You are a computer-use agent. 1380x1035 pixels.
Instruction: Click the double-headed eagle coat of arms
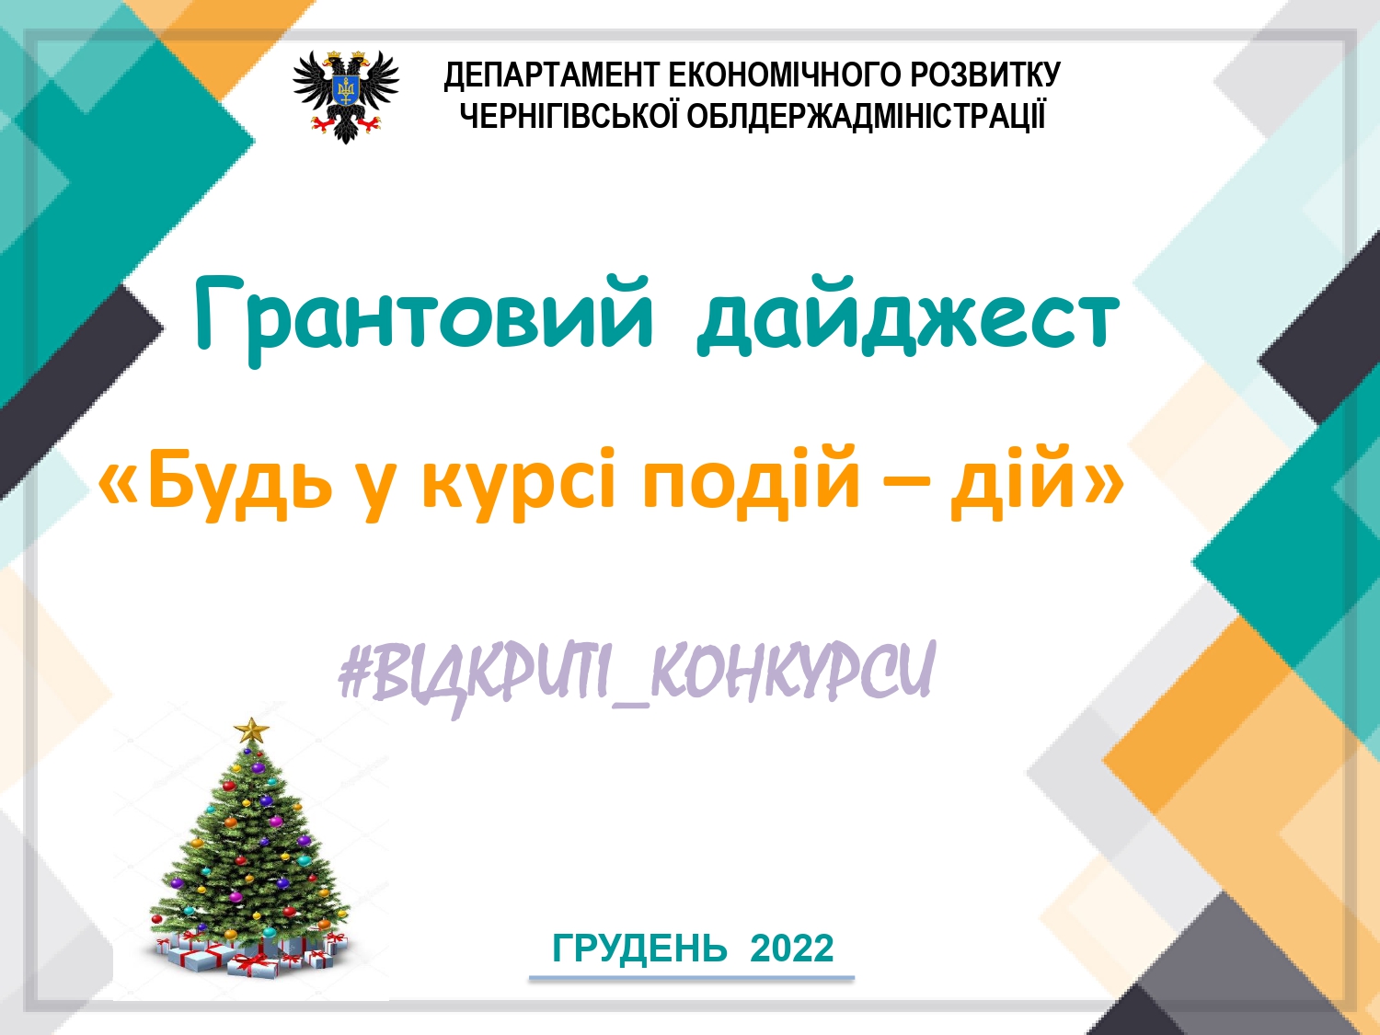click(345, 97)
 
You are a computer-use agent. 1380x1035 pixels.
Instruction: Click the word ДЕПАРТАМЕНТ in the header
click(551, 75)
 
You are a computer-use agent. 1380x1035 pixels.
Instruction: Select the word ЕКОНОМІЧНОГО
click(786, 75)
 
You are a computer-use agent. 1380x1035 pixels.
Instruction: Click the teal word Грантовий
click(424, 318)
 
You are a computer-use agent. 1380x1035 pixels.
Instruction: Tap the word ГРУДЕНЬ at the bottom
click(639, 949)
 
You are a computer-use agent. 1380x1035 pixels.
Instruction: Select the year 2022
click(792, 949)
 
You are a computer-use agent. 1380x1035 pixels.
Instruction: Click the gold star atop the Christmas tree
click(251, 730)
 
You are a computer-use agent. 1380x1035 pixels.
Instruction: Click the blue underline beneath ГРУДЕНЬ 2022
click(692, 978)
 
